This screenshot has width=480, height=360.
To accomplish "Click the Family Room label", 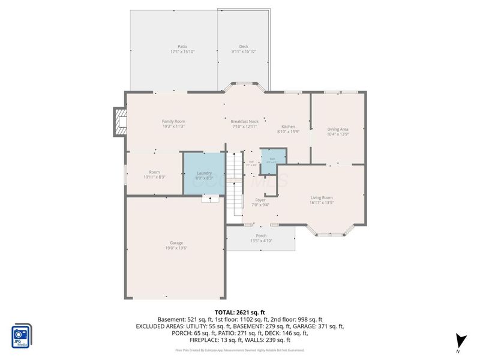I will [173, 121].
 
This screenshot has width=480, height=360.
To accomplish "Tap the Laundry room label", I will [205, 173].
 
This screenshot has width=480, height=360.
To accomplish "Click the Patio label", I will [182, 46].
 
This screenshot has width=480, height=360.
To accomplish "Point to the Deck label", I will [244, 46].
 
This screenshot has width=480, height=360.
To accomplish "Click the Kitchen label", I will [289, 127].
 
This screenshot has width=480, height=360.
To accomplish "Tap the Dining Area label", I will [338, 129].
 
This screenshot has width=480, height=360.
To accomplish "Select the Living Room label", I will [322, 197].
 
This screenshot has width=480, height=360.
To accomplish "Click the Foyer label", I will [260, 200].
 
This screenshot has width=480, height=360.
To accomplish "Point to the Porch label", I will [261, 236].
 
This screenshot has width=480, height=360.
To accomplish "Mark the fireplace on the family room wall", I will [119, 122].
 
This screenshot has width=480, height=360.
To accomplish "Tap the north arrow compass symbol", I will [460, 340].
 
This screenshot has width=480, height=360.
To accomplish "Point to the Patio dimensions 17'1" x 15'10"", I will [182, 52].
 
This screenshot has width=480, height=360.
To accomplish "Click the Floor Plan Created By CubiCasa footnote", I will [240, 350].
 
